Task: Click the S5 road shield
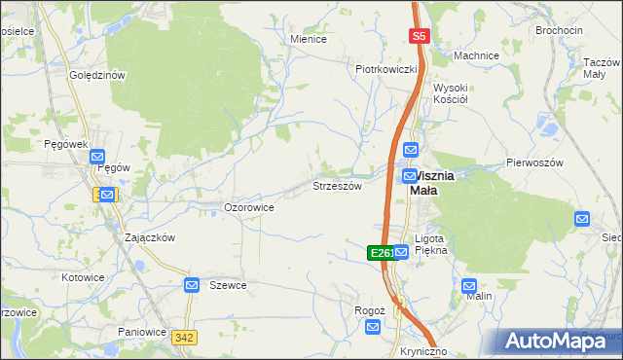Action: pos(419,36)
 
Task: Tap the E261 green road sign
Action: pos(381,253)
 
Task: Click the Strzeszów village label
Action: pos(337,186)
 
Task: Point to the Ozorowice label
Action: pos(248,207)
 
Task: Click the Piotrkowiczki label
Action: pos(385,69)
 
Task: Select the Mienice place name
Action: pos(309,39)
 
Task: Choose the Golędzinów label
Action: pos(97,75)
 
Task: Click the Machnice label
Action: pos(476,55)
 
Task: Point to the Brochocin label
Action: pos(559,30)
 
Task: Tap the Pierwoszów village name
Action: pos(534,162)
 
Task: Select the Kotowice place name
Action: pos(83,277)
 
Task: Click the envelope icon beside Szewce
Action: pos(193,285)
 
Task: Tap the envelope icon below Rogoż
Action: pos(373,329)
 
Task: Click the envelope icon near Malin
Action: pos(470,287)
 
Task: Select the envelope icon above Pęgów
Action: pos(97,156)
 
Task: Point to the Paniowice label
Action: pos(142,332)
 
